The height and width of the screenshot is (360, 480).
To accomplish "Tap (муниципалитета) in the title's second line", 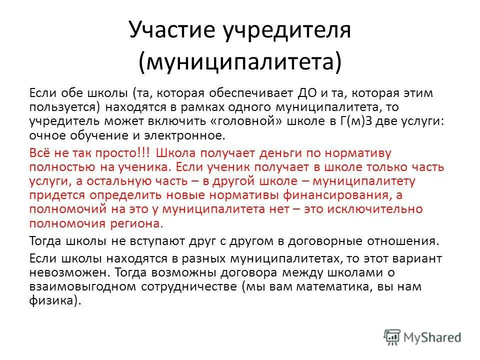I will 240,62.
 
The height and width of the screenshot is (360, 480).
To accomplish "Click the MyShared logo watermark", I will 422,336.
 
